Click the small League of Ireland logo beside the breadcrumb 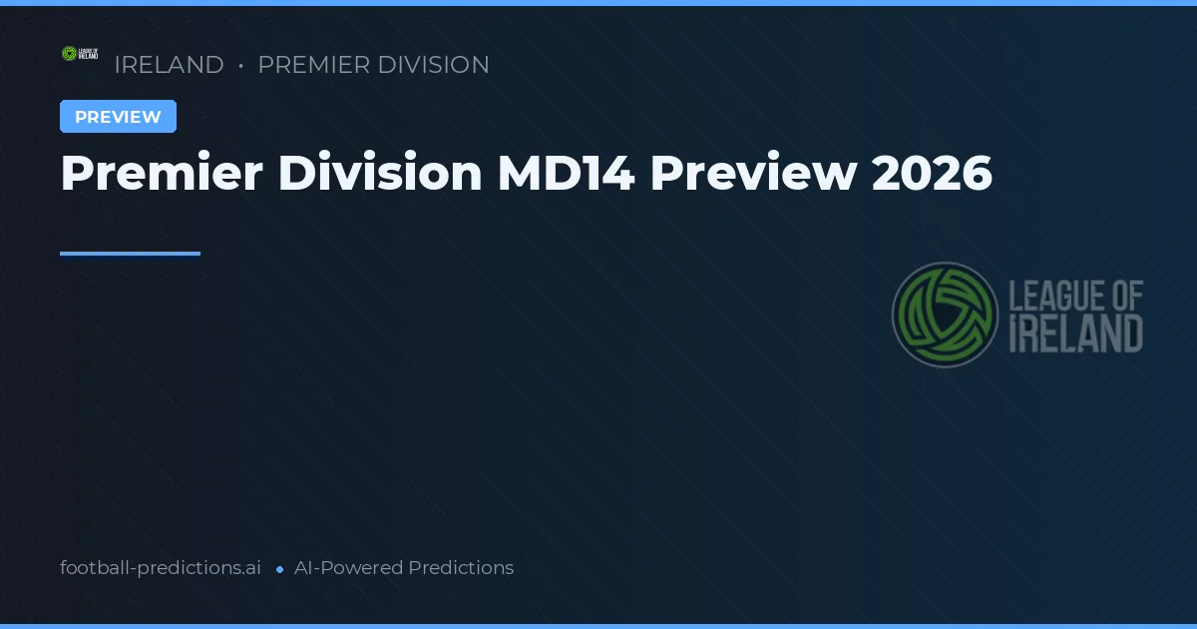80,54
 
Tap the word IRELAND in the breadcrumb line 169,65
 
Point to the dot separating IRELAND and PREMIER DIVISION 241,66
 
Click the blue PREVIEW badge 118,117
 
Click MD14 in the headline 565,174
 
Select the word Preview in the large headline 753,174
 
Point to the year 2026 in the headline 932,174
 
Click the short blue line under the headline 130,254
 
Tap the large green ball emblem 945,314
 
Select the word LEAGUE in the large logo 1053,297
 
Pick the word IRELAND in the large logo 1076,334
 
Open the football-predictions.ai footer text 161,568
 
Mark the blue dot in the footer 279,569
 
